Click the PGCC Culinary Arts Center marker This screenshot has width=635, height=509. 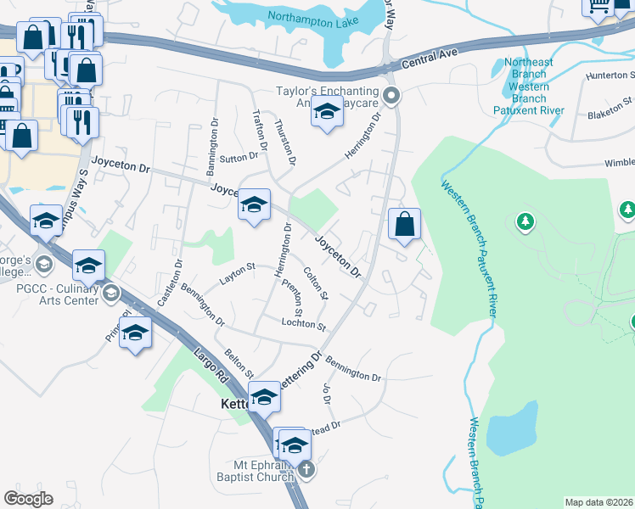(111, 294)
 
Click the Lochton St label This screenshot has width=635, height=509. (304, 325)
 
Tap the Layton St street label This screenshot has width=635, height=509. (239, 271)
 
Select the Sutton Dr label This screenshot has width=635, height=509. (239, 157)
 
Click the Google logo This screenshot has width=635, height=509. (28, 499)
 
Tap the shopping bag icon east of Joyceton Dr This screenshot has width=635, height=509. (404, 226)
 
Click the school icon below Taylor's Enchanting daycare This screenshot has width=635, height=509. (326, 112)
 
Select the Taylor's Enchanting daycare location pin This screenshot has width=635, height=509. (391, 95)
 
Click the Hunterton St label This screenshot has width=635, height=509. (611, 76)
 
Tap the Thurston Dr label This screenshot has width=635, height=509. (285, 142)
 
